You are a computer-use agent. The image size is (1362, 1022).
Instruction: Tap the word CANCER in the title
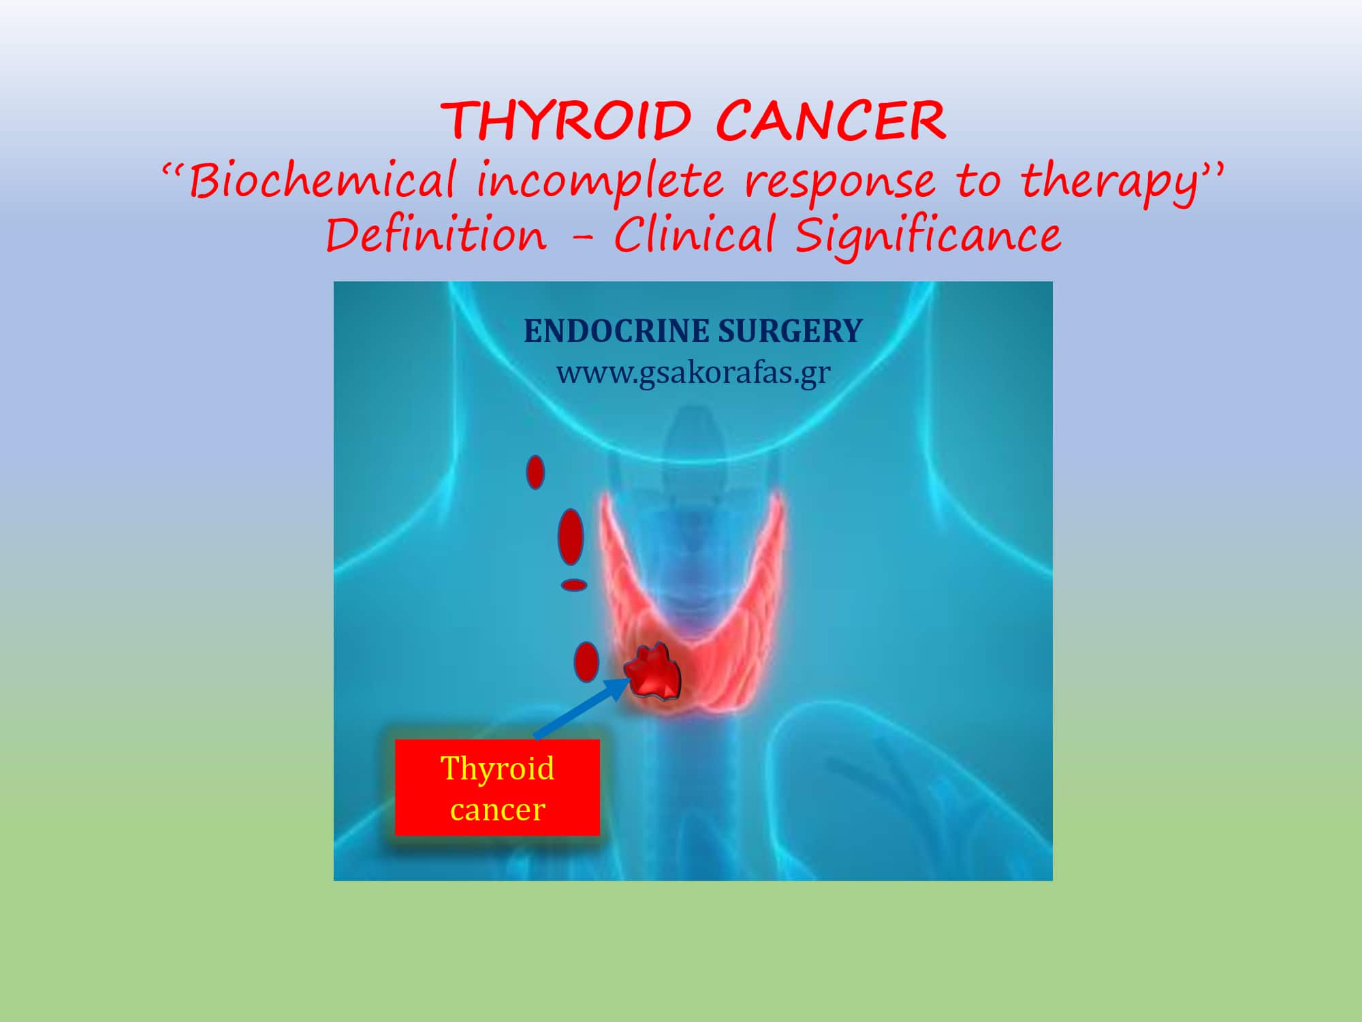831,121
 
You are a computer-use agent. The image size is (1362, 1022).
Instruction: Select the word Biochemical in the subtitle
321,181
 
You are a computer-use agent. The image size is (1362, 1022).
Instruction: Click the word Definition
436,234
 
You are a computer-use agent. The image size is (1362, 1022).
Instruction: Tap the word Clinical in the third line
695,234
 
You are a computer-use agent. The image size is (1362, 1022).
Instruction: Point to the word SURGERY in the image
791,331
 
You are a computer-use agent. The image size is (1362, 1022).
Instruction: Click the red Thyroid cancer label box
497,788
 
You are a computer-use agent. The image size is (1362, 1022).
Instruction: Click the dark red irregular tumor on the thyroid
653,670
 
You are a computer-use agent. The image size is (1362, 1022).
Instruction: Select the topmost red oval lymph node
535,472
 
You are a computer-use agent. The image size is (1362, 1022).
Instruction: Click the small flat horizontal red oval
573,585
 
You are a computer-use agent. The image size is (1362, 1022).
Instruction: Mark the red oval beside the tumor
586,662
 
